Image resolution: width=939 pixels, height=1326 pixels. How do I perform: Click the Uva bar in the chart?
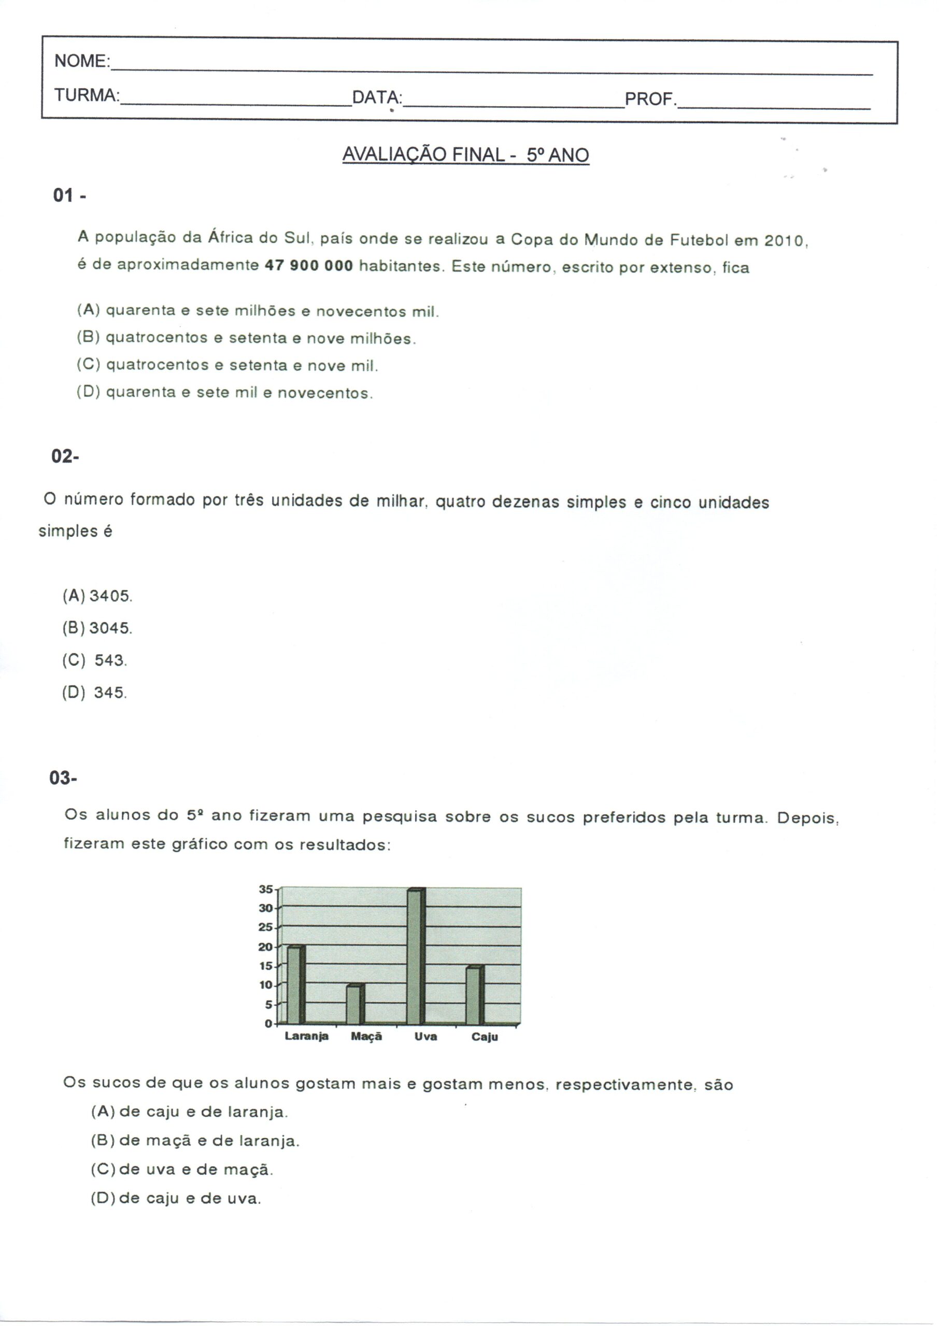coord(416,956)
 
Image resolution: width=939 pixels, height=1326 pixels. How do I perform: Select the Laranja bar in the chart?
coord(296,985)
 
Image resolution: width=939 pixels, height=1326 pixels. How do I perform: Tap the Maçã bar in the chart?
coord(355,1004)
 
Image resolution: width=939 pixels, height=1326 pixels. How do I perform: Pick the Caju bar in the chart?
coord(475,994)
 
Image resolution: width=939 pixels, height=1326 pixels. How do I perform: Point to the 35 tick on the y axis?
coord(265,889)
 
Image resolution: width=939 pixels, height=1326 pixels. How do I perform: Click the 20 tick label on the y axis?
coord(265,947)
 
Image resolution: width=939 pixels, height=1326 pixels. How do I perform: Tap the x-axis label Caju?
coord(485,1036)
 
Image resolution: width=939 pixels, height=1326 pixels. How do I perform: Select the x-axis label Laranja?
coord(306,1036)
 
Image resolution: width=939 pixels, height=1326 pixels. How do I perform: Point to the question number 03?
coord(63,779)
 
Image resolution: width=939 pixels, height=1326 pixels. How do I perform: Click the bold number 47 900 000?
coord(309,266)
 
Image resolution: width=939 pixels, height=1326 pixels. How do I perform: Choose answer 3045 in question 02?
coord(110,628)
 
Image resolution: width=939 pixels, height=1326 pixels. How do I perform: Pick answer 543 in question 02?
coord(110,660)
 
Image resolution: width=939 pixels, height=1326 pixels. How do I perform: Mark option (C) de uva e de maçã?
coord(181,1170)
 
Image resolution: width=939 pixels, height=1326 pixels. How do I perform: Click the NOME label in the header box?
coord(81,61)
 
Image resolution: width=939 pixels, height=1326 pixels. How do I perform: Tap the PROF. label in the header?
coord(650,99)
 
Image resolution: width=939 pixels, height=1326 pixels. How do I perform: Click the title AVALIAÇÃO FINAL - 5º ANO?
coord(465,155)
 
